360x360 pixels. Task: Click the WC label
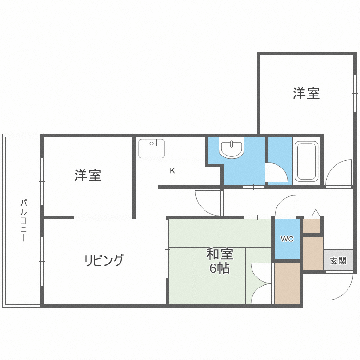point(287,239)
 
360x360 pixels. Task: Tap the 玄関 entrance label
point(338,261)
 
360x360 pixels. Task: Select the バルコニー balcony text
point(23,221)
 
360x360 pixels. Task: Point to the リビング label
point(104,261)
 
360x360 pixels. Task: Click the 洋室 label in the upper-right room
point(306,93)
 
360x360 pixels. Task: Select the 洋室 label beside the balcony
point(88,175)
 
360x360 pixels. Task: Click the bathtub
point(306,160)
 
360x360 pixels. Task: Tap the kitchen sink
point(151,148)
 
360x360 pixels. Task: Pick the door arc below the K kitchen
point(207,202)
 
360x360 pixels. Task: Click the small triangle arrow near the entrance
point(315,212)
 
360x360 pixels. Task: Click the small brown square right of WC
point(312,226)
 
